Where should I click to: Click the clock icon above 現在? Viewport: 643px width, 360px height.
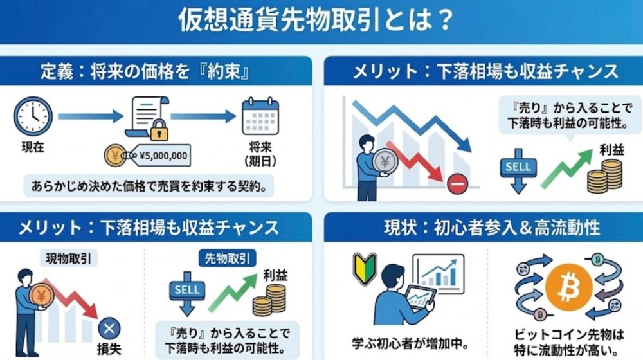33,116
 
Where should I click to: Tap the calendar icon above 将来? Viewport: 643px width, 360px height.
260,116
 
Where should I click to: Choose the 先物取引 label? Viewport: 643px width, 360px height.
226,258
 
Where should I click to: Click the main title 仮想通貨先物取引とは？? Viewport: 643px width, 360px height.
314,21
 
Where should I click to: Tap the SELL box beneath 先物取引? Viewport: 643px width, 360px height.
187,289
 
